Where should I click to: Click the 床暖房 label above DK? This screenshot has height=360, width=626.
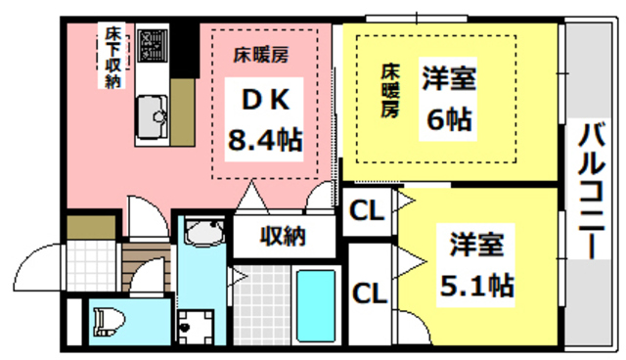click(259, 54)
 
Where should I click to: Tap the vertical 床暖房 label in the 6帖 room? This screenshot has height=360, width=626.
click(389, 91)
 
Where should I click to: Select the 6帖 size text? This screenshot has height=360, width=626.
click(450, 119)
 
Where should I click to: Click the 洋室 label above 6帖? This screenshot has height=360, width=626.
click(450, 77)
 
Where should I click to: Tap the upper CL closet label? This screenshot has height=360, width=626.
click(368, 211)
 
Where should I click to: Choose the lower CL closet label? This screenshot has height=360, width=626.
click(368, 292)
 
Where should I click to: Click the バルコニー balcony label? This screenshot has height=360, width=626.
click(589, 190)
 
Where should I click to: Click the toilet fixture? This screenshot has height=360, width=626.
click(108, 319)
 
